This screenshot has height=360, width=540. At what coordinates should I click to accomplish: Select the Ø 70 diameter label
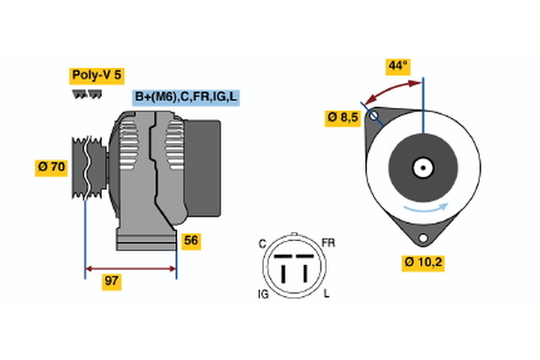tap(51, 167)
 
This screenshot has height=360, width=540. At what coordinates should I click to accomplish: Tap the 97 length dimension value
tap(112, 282)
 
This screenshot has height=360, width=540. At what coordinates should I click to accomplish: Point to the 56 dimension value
tap(190, 240)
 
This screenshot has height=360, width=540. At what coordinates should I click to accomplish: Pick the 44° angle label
tap(397, 66)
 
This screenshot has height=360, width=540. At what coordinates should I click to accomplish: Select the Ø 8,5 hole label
tap(342, 118)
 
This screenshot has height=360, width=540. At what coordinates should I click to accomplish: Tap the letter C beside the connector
tap(262, 243)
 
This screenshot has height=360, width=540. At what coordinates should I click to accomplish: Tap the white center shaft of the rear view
tap(421, 167)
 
